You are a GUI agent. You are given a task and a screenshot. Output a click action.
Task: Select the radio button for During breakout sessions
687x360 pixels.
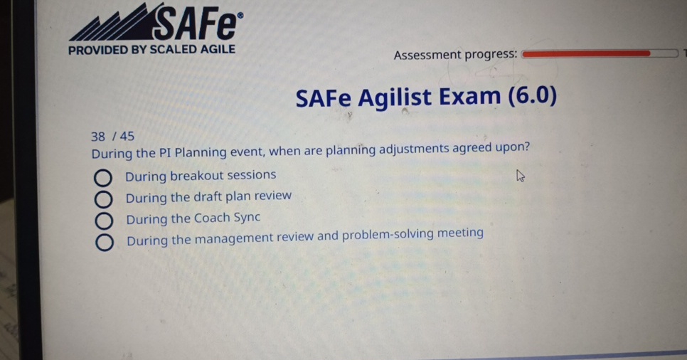[x=102, y=178]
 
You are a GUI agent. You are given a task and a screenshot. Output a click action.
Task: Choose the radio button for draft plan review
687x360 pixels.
[x=103, y=199]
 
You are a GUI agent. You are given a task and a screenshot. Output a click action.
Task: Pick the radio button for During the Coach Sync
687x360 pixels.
[x=104, y=221]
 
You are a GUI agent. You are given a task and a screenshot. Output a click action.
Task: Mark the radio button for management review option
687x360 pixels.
[x=105, y=242]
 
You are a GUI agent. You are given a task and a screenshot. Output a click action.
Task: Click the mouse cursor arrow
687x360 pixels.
[x=520, y=176]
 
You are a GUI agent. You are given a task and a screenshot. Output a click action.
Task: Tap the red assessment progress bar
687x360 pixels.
[x=587, y=53]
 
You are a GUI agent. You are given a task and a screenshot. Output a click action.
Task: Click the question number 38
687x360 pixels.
[x=97, y=137]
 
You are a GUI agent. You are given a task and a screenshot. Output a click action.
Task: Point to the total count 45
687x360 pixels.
[x=127, y=136]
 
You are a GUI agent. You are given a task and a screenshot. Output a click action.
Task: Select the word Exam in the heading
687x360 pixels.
[x=469, y=96]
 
